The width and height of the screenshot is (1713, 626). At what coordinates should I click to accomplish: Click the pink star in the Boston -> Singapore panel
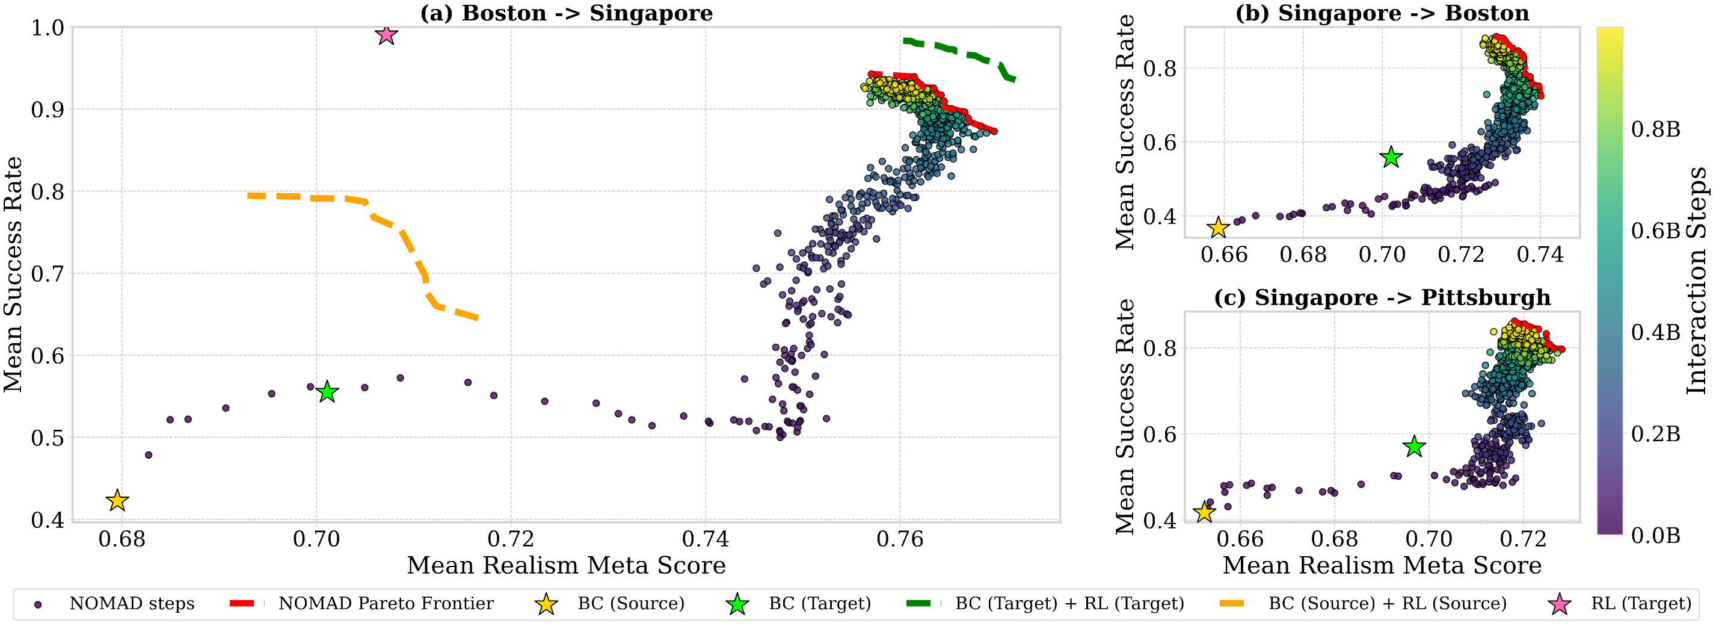386,34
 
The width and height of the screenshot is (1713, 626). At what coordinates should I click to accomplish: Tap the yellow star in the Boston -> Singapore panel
117,500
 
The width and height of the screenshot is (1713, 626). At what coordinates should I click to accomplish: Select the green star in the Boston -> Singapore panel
327,392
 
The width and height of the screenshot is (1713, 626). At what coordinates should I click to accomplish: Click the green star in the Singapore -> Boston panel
1391,158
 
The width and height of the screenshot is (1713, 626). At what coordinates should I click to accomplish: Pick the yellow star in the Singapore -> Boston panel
1217,228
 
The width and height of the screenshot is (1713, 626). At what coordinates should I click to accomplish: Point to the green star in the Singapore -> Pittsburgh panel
1413,447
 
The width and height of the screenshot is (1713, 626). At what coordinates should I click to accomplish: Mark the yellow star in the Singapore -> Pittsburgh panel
1204,512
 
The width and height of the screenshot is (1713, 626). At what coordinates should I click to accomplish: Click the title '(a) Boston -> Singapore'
566,13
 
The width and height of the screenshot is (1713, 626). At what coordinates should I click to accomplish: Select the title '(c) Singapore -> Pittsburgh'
1382,297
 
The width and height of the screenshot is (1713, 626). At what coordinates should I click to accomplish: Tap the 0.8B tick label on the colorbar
1655,129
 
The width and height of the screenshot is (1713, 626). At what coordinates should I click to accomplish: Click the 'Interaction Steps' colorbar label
1696,279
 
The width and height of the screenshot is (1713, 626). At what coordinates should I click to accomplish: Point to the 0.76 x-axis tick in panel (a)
900,539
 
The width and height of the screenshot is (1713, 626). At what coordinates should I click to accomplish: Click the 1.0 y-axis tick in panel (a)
48,28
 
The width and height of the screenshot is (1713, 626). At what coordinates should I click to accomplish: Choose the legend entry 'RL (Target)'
1640,603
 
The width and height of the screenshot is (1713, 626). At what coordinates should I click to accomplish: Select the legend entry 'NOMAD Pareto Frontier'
386,603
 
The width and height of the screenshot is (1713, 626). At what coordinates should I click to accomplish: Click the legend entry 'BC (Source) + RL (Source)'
1387,603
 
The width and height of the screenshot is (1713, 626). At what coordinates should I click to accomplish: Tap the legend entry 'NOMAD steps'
132,603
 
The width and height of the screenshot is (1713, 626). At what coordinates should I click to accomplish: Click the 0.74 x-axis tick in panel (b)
1540,254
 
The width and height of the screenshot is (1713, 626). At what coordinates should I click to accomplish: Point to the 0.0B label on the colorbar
1655,535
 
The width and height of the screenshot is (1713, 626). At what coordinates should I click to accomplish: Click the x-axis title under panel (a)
566,565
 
